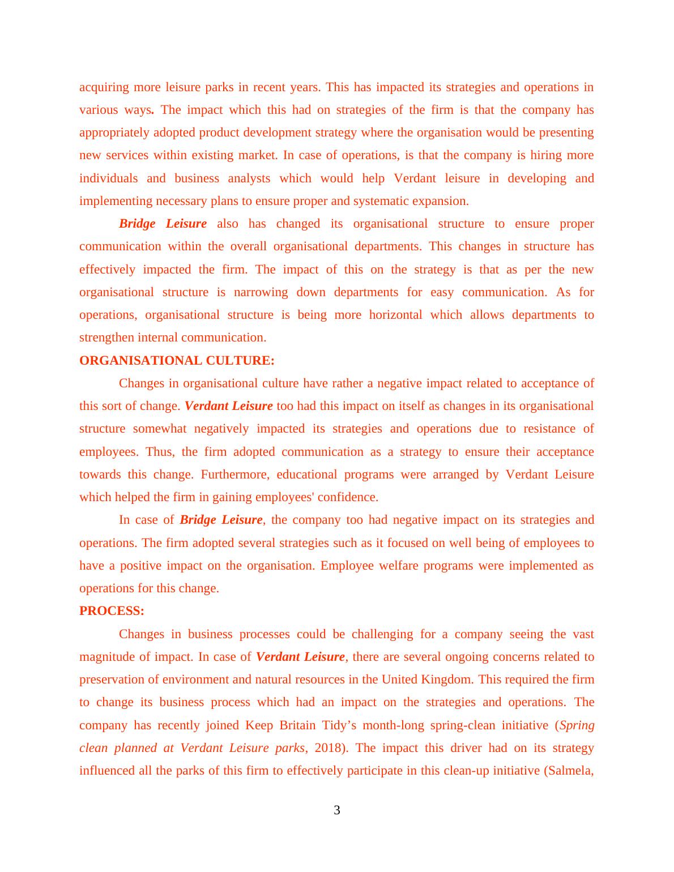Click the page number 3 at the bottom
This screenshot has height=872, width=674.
(336, 810)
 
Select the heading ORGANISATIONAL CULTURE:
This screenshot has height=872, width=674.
(177, 361)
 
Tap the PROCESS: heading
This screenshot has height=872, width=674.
(112, 611)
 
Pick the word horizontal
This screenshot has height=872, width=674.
(395, 315)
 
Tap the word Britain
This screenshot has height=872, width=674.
(297, 725)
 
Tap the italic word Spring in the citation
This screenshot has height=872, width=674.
(577, 725)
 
